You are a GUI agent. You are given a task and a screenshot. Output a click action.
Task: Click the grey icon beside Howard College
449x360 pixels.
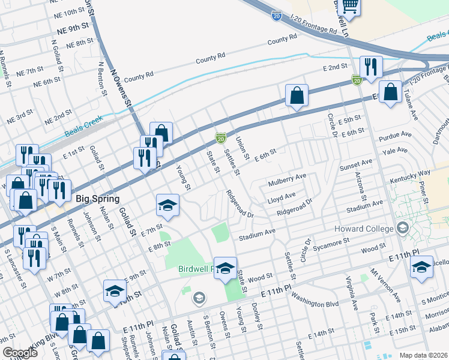click(402, 228)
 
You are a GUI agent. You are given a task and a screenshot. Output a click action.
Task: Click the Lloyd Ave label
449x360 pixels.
click(282, 197)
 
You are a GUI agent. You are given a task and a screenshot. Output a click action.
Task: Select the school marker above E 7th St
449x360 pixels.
click(168, 205)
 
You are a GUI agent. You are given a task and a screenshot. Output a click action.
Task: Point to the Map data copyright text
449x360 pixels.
click(423, 355)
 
